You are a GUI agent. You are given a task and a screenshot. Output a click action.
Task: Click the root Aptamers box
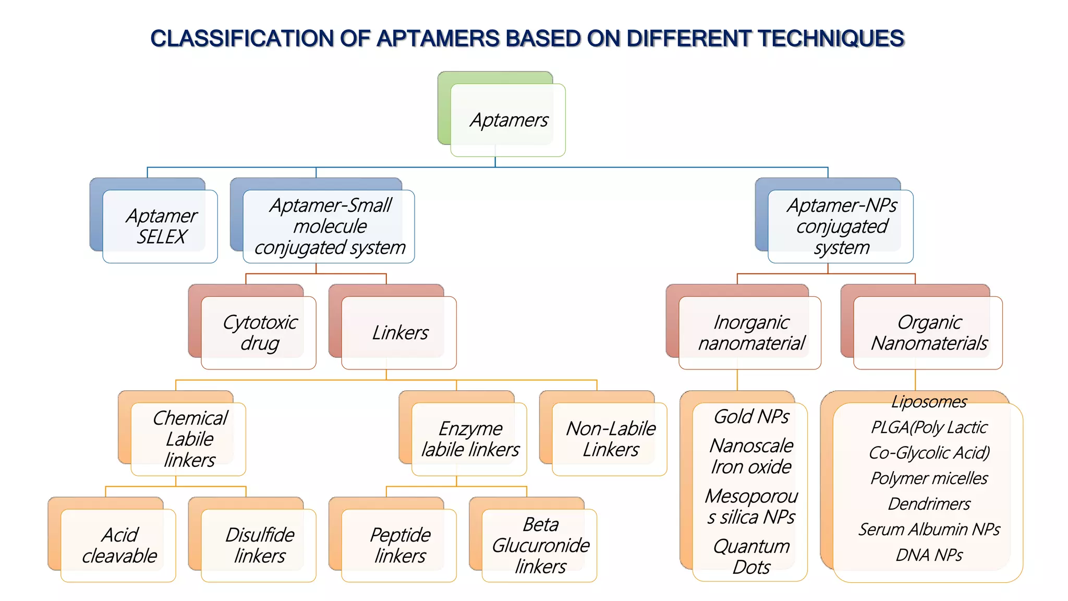click(x=508, y=120)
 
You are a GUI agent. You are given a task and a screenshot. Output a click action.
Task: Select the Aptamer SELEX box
click(x=161, y=226)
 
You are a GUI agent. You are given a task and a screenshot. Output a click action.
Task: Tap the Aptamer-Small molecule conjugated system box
click(x=329, y=226)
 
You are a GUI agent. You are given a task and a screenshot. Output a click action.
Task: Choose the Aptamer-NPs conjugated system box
click(x=841, y=226)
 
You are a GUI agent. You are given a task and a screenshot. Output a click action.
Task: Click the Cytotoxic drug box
click(x=259, y=333)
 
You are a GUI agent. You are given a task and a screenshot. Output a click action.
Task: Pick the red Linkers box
click(x=399, y=333)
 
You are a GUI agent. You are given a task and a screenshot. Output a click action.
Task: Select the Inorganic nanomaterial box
click(x=750, y=333)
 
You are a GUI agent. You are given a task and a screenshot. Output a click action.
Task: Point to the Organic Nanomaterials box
click(x=928, y=333)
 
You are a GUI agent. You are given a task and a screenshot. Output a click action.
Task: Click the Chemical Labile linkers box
click(x=189, y=439)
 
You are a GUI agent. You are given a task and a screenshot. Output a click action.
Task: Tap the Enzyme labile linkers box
click(x=469, y=439)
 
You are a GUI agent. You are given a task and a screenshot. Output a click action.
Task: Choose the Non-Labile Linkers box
click(x=610, y=439)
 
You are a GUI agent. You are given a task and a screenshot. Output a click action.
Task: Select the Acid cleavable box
click(x=119, y=546)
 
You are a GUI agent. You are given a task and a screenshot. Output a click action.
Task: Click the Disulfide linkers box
click(x=259, y=546)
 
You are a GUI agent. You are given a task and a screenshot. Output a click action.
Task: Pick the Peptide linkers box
click(x=399, y=546)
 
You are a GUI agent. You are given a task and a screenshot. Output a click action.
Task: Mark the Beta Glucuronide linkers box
click(x=540, y=546)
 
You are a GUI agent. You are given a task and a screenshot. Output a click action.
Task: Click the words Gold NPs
click(x=751, y=417)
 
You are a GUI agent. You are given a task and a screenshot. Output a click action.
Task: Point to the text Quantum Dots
click(x=751, y=557)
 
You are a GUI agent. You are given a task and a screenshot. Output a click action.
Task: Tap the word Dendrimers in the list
click(x=929, y=504)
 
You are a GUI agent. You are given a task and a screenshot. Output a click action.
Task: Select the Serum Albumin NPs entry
click(x=929, y=530)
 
